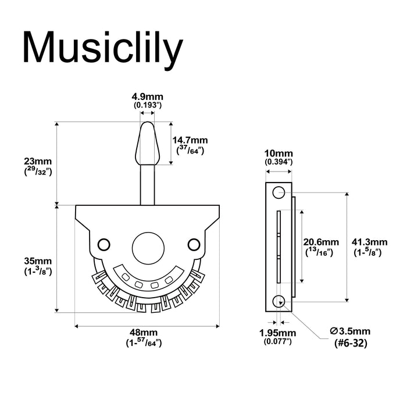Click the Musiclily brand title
pos(102,48)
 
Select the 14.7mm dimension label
pos(191,140)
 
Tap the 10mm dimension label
pos(277,151)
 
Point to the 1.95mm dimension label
pos(278,333)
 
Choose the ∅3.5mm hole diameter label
pos(349,331)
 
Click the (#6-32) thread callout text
pos(349,343)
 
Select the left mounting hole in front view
pos(105,244)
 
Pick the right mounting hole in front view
pos(194,244)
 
